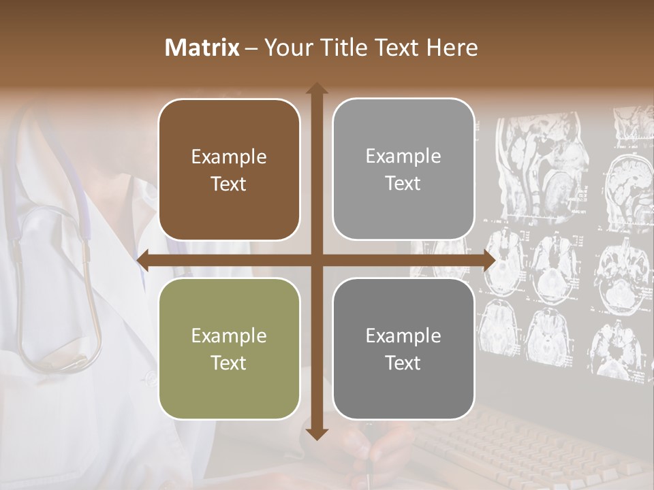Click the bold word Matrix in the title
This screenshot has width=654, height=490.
(x=202, y=48)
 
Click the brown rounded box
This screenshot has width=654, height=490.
(x=229, y=169)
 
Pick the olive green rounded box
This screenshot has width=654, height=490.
(x=229, y=348)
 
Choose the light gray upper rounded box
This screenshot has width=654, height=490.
(x=403, y=169)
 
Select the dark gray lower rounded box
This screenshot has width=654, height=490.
(x=403, y=348)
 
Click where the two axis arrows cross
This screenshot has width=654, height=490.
(x=316, y=260)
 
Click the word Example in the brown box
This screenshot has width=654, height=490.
(x=229, y=157)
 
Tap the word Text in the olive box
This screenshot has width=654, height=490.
(x=229, y=363)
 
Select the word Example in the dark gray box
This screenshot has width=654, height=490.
(x=403, y=336)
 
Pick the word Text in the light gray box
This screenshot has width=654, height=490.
(x=403, y=184)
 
